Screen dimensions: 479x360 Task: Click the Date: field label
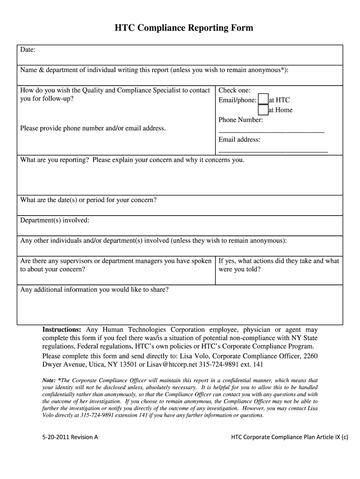(x=28, y=50)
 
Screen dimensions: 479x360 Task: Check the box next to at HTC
(x=263, y=100)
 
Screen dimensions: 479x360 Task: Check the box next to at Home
(x=263, y=110)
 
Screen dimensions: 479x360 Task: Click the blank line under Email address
(x=273, y=151)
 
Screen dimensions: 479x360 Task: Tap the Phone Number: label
(x=240, y=120)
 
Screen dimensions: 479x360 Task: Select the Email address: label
(x=239, y=140)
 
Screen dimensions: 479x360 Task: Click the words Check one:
(x=234, y=90)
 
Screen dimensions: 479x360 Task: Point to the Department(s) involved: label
(x=55, y=220)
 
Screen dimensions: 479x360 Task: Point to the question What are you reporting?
(x=55, y=160)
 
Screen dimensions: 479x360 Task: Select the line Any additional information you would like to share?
(x=94, y=290)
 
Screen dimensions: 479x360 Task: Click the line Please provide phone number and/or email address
(x=93, y=128)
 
